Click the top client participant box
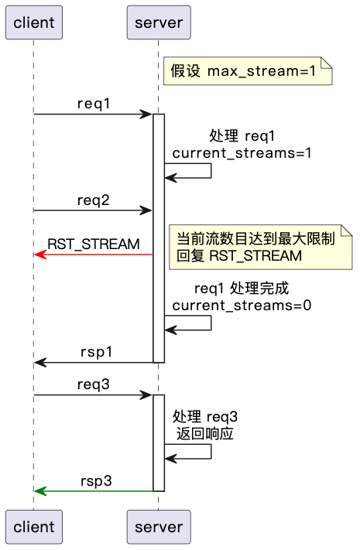pos(33,22)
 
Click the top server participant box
pos(158,22)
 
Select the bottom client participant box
pos(33,527)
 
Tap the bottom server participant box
pos(158,527)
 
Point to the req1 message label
pos(93,104)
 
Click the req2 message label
pos(93,200)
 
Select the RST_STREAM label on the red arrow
pos(94,244)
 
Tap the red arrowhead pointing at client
pos(39,255)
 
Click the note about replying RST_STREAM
pos(261,247)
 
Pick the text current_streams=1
pos(242,153)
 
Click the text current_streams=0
pos(242,305)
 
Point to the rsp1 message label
pos(96,351)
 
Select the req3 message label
pos(93,384)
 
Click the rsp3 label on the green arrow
pos(96,480)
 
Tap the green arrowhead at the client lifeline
pos(39,490)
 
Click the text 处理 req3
pos(205,418)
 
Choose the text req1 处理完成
pos(242,289)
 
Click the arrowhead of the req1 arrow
pos(146,114)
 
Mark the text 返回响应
pos(205,434)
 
